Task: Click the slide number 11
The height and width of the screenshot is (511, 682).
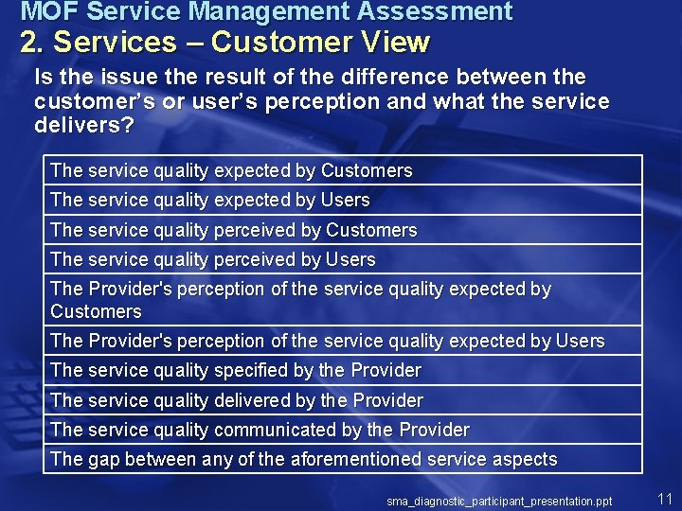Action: coord(664,498)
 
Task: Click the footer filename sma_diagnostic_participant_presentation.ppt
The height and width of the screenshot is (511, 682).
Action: coord(499,501)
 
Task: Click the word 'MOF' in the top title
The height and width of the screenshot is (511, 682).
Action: coord(44,12)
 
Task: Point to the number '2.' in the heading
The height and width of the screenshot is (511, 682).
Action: coord(33,43)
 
